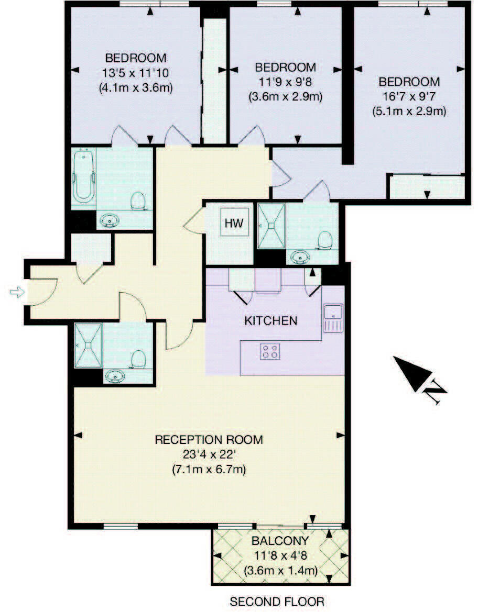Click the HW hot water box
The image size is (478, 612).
tap(234, 223)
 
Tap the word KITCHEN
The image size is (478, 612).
tap(271, 320)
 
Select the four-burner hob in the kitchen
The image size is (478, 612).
tap(270, 351)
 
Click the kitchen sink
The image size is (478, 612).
tap(332, 318)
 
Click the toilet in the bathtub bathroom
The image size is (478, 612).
tap(138, 200)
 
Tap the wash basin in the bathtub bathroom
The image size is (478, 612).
tap(110, 220)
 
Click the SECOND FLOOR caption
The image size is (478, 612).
tap(277, 602)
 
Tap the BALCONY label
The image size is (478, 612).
tap(279, 541)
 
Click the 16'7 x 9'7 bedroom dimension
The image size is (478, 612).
tap(409, 96)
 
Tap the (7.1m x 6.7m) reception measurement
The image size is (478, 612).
tap(209, 469)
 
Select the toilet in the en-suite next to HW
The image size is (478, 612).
tap(325, 239)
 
